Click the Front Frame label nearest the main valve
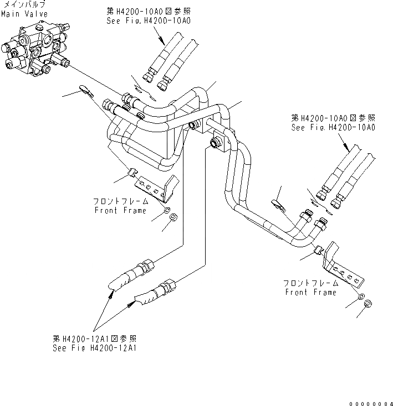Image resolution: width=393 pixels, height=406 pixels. (121, 210)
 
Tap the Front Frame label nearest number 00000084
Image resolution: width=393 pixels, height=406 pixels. (311, 292)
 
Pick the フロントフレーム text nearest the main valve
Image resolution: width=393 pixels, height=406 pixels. (121, 202)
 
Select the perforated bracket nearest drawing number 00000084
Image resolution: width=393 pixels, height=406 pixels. (343, 266)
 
